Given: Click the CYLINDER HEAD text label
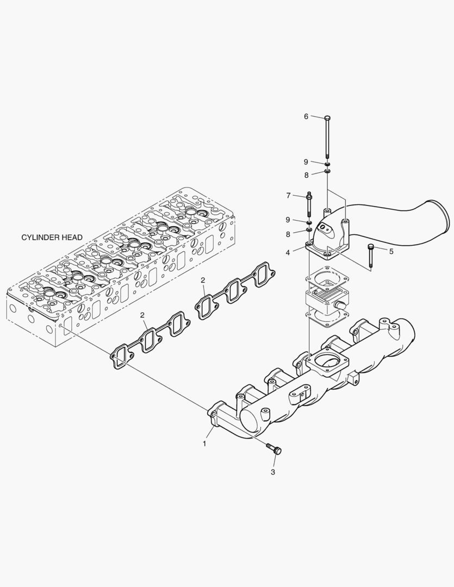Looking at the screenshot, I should tap(52, 238).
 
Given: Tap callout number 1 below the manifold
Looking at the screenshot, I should tap(205, 444).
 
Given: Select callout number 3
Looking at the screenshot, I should tap(273, 472).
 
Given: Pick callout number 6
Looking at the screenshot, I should tap(306, 116).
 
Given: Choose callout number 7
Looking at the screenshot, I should tap(289, 196).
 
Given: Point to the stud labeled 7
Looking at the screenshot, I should tap(309, 203).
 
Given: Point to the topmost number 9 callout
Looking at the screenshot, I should tap(306, 161).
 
